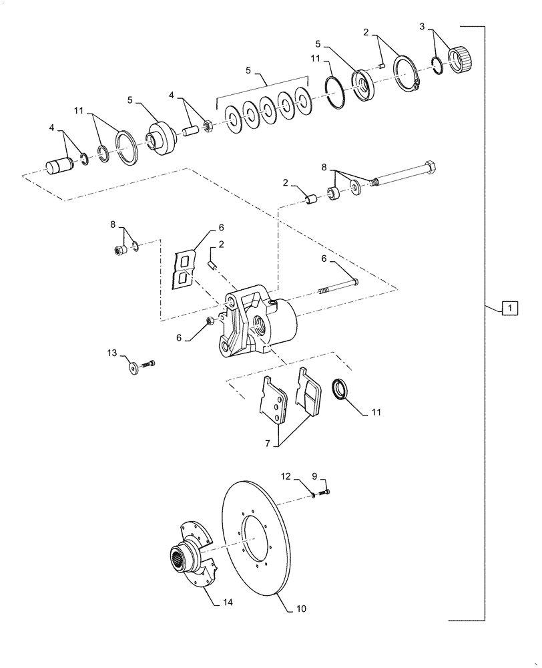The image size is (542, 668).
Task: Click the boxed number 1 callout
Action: coord(509,308)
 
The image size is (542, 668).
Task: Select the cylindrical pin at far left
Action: coord(60,164)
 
